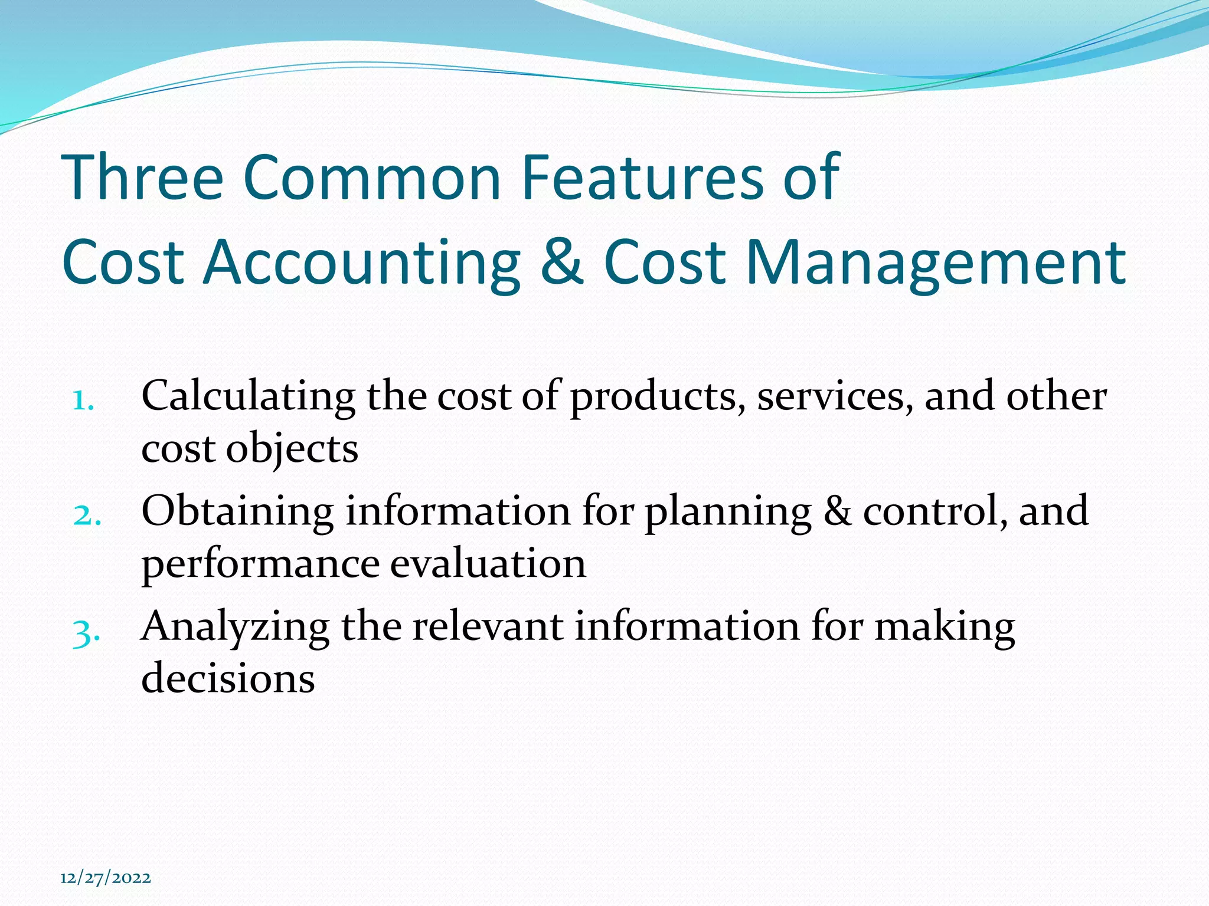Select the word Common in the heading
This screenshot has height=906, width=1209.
(372, 176)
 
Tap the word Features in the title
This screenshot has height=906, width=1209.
(642, 176)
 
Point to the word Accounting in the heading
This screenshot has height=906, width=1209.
(361, 262)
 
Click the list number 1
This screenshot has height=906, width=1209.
(83, 401)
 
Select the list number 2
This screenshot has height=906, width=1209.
(87, 516)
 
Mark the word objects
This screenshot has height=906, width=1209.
(292, 450)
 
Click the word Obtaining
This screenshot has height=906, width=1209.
(238, 511)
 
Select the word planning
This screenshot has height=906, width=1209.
(728, 511)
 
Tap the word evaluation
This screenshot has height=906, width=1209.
(488, 563)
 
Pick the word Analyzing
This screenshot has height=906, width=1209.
(236, 628)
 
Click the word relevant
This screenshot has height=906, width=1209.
(488, 626)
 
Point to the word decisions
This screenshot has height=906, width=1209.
(228, 678)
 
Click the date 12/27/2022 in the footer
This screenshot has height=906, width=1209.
(106, 878)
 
